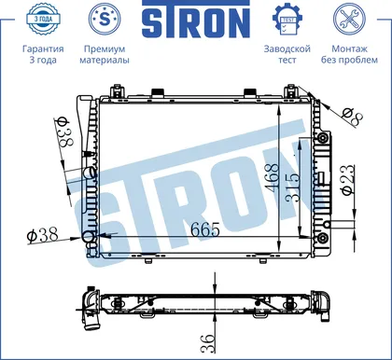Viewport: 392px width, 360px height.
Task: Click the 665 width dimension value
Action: coord(205,229)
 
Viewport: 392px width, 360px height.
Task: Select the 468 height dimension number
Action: coord(273,177)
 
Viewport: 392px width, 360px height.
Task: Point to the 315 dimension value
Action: coord(293,187)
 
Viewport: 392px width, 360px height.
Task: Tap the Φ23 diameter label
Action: coord(348,180)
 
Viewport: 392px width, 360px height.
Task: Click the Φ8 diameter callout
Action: coord(352,117)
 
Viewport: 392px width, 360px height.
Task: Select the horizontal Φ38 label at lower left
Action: coord(42,235)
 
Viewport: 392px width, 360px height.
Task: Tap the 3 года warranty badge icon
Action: coord(43,19)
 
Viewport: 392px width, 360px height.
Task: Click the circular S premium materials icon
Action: coord(105,19)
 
